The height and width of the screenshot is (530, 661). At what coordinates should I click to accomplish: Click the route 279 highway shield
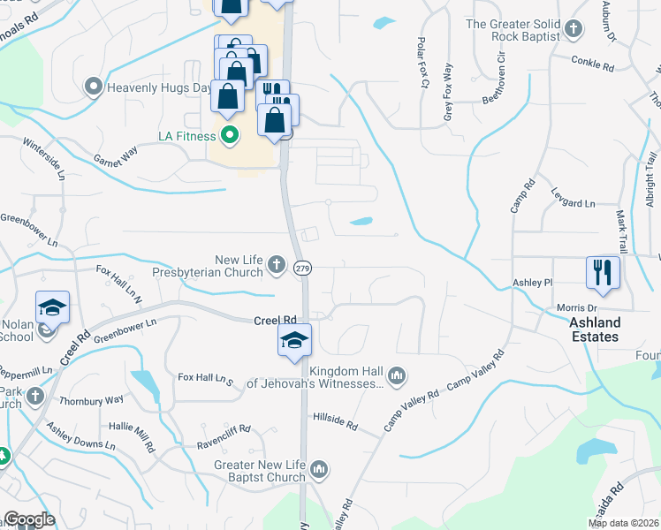pos(302,268)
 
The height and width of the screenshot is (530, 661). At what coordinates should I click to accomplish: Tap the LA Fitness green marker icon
pos(230,136)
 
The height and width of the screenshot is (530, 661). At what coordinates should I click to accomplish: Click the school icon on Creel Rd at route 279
pos(294,340)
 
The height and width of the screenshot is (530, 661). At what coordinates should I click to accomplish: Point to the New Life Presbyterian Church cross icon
pos(277,264)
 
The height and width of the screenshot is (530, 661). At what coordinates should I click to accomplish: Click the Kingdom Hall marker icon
pos(397,376)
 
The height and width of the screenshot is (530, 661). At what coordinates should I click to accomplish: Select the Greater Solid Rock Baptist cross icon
pos(574,30)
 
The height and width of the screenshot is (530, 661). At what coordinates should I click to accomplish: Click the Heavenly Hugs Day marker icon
pos(94,87)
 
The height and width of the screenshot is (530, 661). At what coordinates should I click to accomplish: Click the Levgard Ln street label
pos(574,202)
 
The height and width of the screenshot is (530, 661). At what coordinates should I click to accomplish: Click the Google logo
pos(29,519)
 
